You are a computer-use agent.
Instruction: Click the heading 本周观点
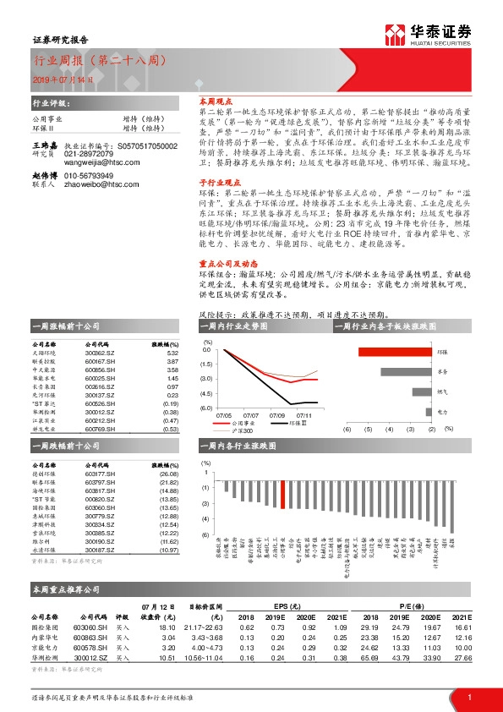pyautogui.click(x=204, y=100)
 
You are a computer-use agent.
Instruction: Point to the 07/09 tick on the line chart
pyautogui.click(x=278, y=415)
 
